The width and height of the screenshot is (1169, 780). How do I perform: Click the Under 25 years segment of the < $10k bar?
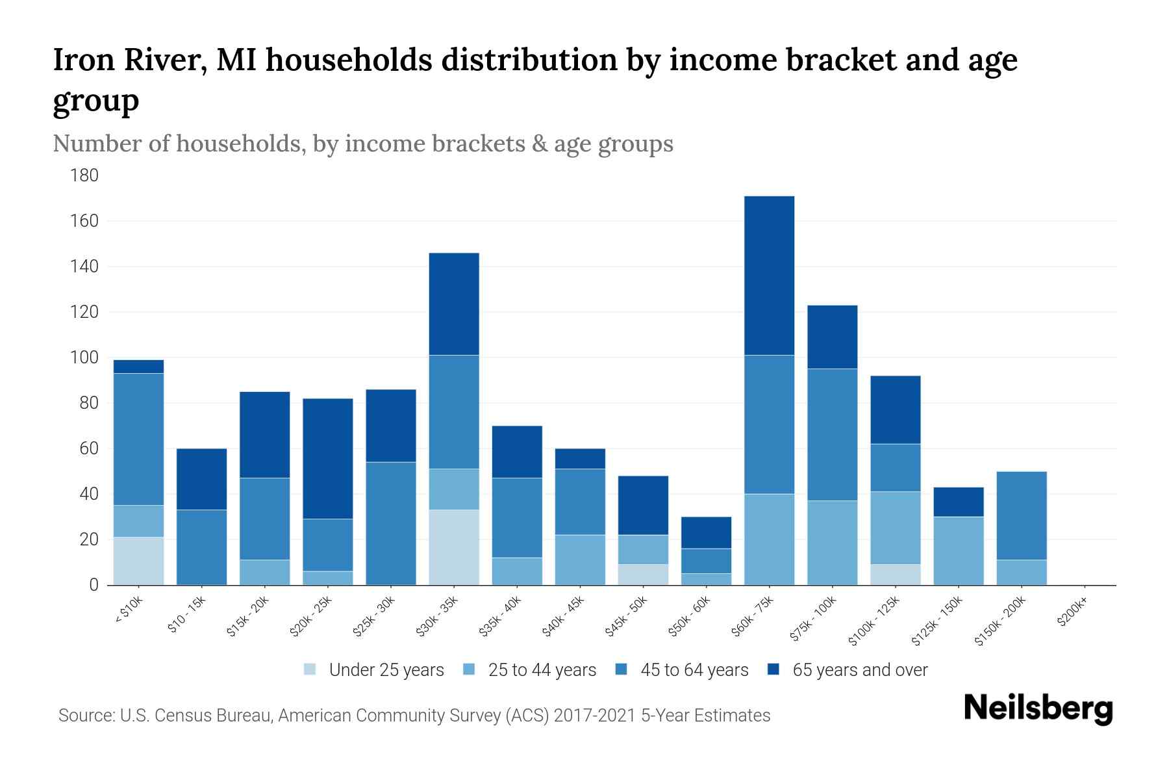pos(138,561)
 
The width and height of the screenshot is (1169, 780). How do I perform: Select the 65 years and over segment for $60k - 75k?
pos(769,275)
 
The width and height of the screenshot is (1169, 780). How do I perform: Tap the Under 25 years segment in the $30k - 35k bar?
pos(454,547)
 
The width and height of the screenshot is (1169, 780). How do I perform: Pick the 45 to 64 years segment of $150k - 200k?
pos(1022,515)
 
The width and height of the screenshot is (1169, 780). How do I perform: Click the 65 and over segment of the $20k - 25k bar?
pos(328,458)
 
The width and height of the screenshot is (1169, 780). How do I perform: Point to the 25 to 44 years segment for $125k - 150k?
pos(959,551)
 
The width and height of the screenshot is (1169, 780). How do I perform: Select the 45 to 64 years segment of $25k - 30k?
pos(391,523)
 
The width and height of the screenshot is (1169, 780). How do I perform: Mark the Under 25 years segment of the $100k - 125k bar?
pos(896,575)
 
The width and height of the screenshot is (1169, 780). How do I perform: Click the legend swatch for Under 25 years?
pos(310,669)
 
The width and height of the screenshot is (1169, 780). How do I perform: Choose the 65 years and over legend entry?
pos(860,669)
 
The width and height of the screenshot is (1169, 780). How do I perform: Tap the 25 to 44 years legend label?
pos(542,669)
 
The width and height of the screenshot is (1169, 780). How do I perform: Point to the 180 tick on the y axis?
pos(85,175)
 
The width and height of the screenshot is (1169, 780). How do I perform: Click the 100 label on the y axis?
pos(85,357)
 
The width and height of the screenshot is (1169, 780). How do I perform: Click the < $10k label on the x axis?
pos(129,611)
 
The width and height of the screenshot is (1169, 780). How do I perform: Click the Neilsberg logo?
pos(1038,708)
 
